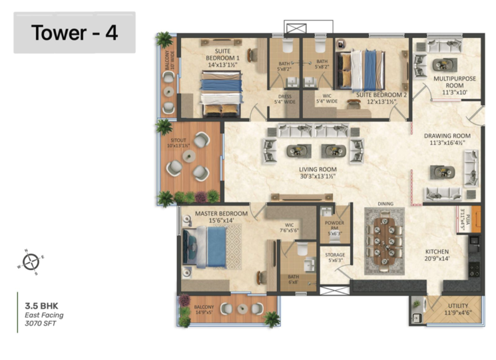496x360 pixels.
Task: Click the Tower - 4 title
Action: [x=75, y=33]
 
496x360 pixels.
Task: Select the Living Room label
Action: [x=317, y=174]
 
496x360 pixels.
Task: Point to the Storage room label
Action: [x=334, y=257]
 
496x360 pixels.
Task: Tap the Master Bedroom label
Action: [x=221, y=217]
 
